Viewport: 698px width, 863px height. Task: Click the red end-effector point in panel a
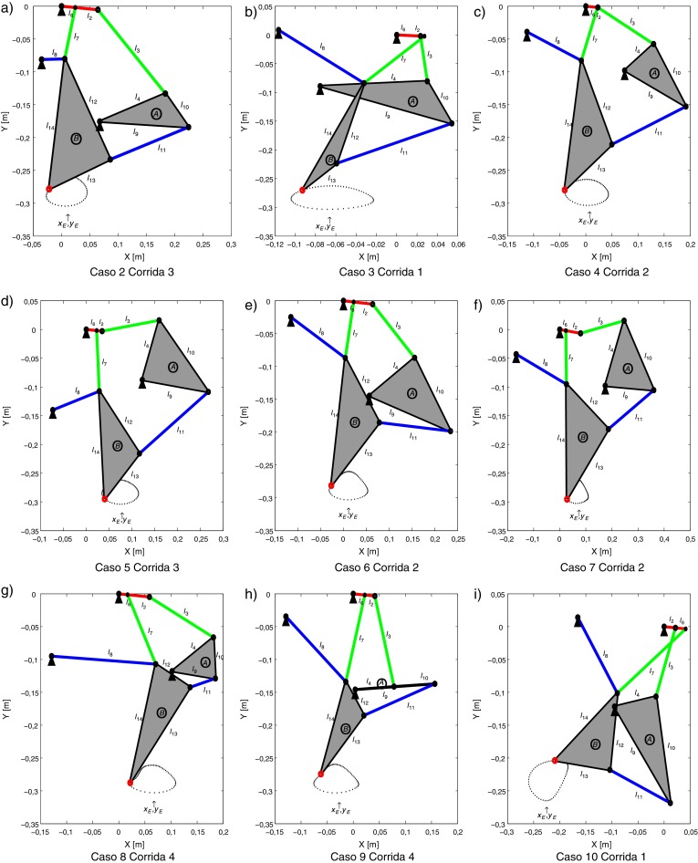48,188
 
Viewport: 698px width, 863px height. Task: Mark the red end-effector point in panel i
555,760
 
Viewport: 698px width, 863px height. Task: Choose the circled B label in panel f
582,437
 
